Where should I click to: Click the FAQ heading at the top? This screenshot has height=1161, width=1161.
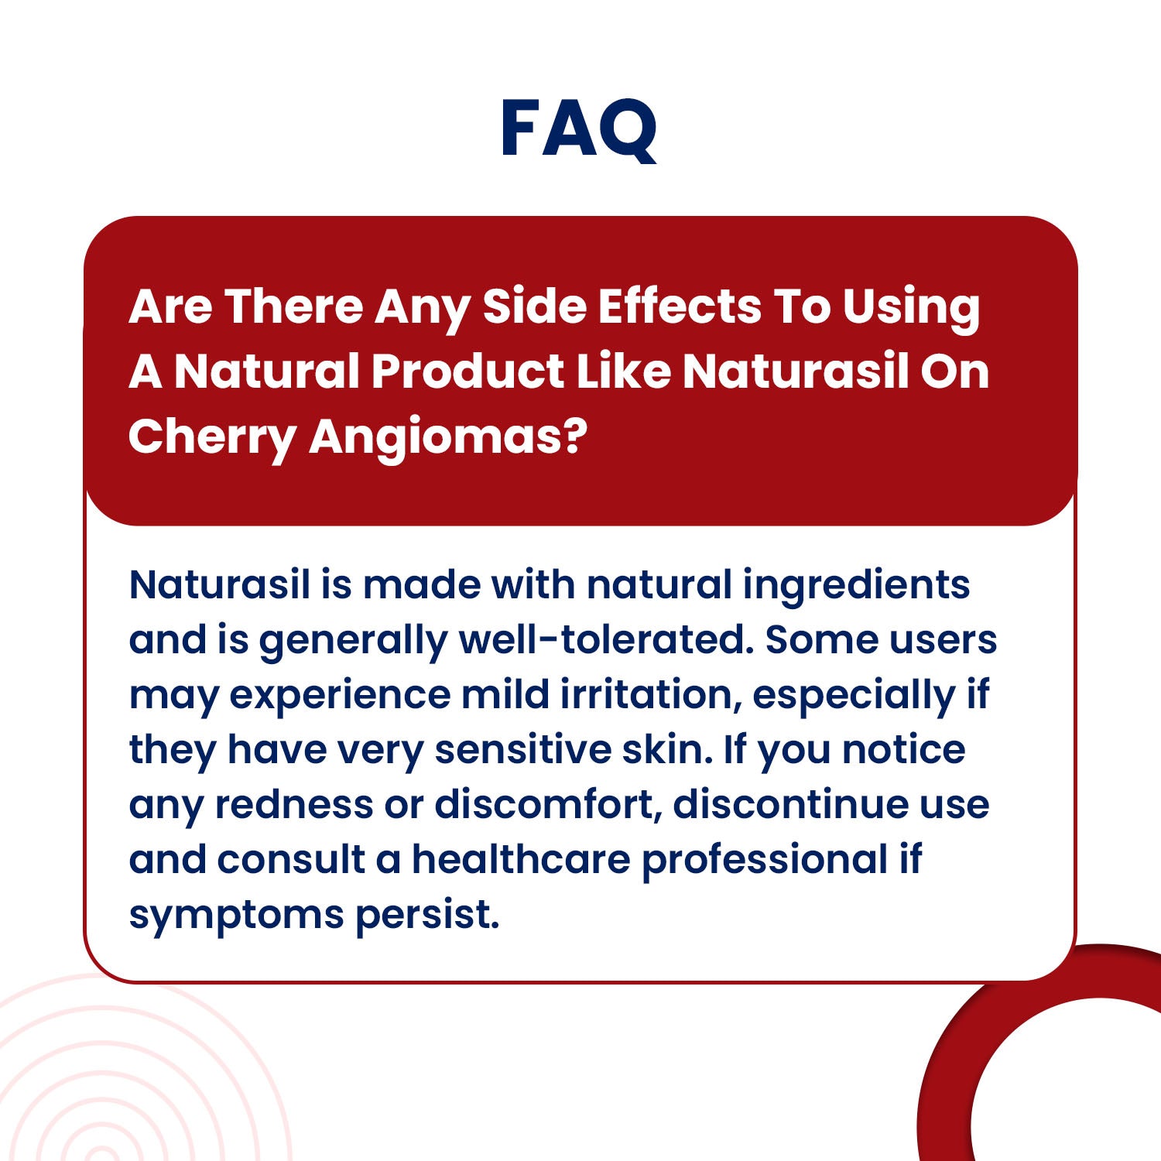579,129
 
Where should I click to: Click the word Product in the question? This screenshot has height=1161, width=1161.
467,372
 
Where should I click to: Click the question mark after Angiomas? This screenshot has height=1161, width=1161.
574,436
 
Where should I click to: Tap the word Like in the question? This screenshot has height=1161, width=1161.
623,371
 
